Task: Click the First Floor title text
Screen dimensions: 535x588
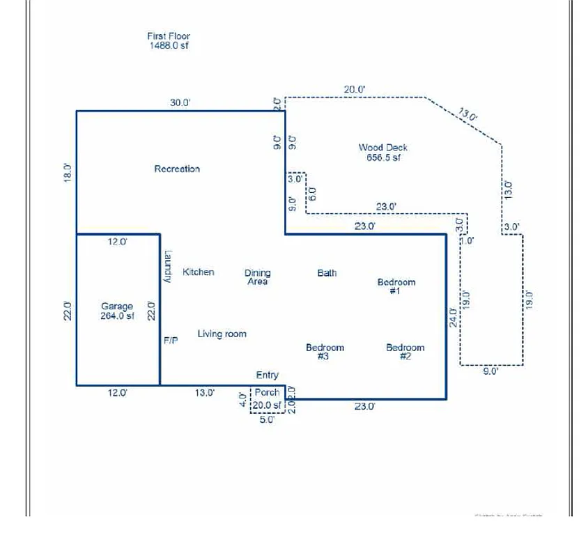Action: click(x=168, y=36)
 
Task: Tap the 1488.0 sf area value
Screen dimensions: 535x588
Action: click(x=168, y=46)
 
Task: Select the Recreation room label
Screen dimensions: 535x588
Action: click(x=177, y=169)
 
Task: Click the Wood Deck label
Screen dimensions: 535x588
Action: click(x=383, y=148)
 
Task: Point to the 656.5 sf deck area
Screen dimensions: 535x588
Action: click(x=383, y=157)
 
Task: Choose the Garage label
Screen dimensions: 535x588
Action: click(x=117, y=307)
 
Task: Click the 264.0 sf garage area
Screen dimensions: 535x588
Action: click(x=117, y=316)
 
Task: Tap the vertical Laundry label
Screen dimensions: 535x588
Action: click(x=168, y=267)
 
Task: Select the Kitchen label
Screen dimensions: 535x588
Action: click(x=199, y=272)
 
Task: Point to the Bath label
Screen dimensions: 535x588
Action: click(x=327, y=273)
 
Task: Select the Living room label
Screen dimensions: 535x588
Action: click(x=222, y=334)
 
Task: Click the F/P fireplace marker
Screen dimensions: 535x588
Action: click(x=171, y=341)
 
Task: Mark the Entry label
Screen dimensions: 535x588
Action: click(x=268, y=375)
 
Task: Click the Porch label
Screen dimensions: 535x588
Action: click(x=267, y=393)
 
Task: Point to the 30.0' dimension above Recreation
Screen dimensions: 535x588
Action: click(x=180, y=103)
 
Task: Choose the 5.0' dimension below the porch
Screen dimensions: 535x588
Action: click(x=267, y=420)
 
